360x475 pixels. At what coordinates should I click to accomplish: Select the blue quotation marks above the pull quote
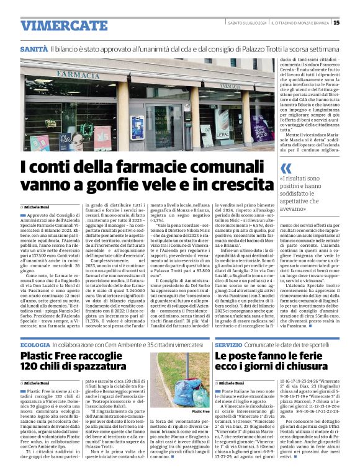(x=286, y=168)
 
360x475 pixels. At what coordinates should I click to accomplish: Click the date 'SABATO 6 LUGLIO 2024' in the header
(x=246, y=23)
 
